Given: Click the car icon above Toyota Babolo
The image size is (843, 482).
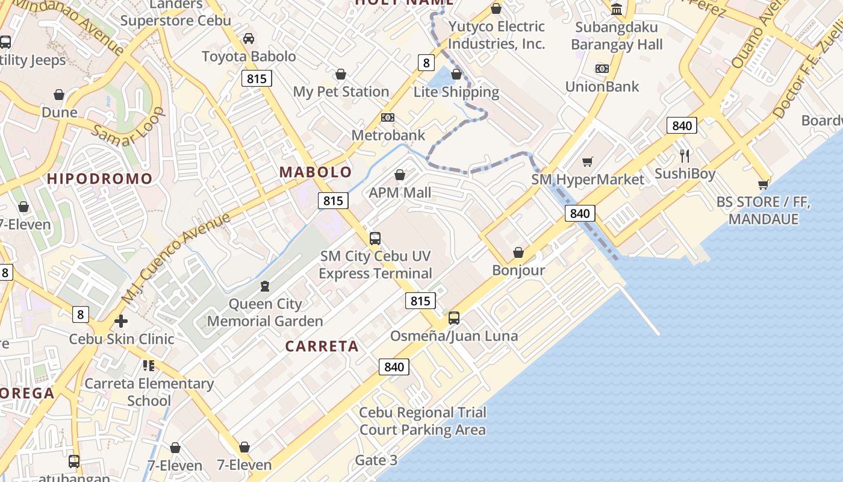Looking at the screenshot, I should click(x=248, y=39).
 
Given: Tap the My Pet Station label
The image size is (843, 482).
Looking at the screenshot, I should click(x=341, y=92).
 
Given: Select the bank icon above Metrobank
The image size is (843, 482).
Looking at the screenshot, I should click(x=388, y=117).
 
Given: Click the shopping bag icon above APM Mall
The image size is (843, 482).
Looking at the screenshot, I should click(x=399, y=175).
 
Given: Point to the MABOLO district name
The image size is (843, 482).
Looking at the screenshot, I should click(x=316, y=172).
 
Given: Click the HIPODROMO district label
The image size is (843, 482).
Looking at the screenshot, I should click(x=100, y=179).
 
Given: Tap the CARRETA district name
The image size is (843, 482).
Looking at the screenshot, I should click(x=322, y=346).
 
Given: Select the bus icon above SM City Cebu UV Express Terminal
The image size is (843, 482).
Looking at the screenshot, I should click(x=375, y=239).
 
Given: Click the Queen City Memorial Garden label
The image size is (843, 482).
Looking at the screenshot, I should click(x=265, y=313).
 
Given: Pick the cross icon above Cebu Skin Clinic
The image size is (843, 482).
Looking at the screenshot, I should click(x=121, y=321).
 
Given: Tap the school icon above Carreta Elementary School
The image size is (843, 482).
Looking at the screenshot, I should click(x=149, y=365).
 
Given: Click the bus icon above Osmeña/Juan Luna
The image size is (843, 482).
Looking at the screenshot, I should click(x=454, y=318).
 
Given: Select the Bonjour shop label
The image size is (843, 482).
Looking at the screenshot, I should click(x=518, y=271).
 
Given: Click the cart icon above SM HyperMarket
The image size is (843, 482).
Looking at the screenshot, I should click(x=588, y=161).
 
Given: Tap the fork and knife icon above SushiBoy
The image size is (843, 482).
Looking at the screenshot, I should click(x=685, y=156).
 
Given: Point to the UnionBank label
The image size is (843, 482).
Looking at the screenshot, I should click(x=602, y=87).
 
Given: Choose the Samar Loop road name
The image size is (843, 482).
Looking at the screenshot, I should click(x=129, y=128).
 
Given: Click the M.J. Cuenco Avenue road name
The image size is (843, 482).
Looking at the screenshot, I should click(x=176, y=258).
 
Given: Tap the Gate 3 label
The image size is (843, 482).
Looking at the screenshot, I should click(x=376, y=461).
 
